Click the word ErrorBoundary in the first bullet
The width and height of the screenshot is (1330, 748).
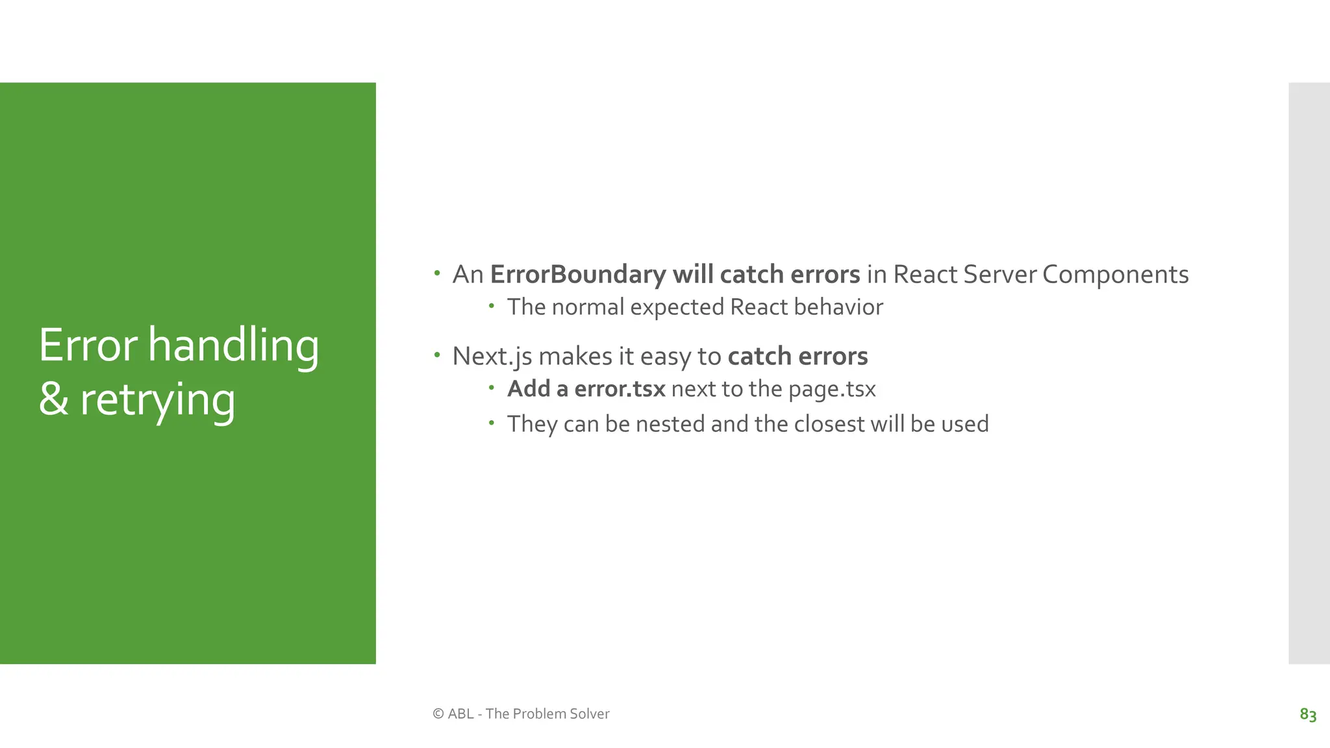577,275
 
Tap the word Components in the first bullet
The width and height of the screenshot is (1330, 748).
1115,275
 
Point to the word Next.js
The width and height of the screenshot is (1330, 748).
492,356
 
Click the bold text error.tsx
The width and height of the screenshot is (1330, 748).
620,389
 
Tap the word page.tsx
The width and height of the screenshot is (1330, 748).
832,390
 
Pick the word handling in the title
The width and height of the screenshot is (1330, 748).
233,345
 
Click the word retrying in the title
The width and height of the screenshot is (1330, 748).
157,400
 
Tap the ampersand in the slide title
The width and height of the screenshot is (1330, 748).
53,400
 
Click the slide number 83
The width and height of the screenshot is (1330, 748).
1307,714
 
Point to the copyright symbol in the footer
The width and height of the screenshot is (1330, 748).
438,714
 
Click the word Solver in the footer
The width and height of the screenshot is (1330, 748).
589,714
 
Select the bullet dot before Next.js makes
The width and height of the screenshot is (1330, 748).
437,355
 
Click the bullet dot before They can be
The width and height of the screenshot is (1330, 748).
492,423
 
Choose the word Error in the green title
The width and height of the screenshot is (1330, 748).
88,345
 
